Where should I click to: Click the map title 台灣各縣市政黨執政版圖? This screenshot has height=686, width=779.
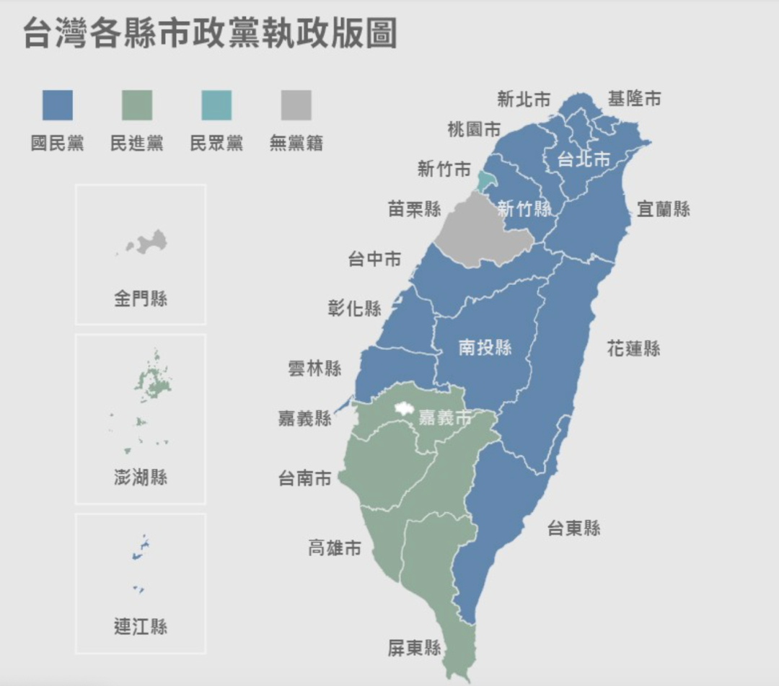click(x=210, y=33)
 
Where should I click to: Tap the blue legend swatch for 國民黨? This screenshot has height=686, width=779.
click(x=57, y=105)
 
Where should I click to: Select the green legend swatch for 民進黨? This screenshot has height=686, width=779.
click(x=137, y=105)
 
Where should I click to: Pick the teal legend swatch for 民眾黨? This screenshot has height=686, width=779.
click(x=216, y=105)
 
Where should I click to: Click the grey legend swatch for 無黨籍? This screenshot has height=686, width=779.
click(x=296, y=105)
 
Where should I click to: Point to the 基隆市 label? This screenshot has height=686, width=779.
click(x=634, y=99)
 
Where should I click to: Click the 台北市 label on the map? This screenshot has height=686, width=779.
click(x=584, y=159)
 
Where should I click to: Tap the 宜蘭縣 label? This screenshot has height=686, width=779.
click(x=663, y=209)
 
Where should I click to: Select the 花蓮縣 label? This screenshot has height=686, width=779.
click(x=633, y=349)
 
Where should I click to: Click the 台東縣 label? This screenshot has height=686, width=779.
click(x=573, y=528)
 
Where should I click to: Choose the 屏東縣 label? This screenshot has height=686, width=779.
click(x=414, y=648)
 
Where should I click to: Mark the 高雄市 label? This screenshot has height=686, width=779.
click(x=335, y=548)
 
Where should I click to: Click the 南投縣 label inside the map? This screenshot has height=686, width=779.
click(x=485, y=348)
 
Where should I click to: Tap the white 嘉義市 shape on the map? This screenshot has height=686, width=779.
click(x=401, y=409)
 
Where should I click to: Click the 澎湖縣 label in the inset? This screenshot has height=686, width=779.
click(x=141, y=477)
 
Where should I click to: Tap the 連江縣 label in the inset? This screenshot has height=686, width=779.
click(x=141, y=626)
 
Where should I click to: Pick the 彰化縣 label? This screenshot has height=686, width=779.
click(x=354, y=309)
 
